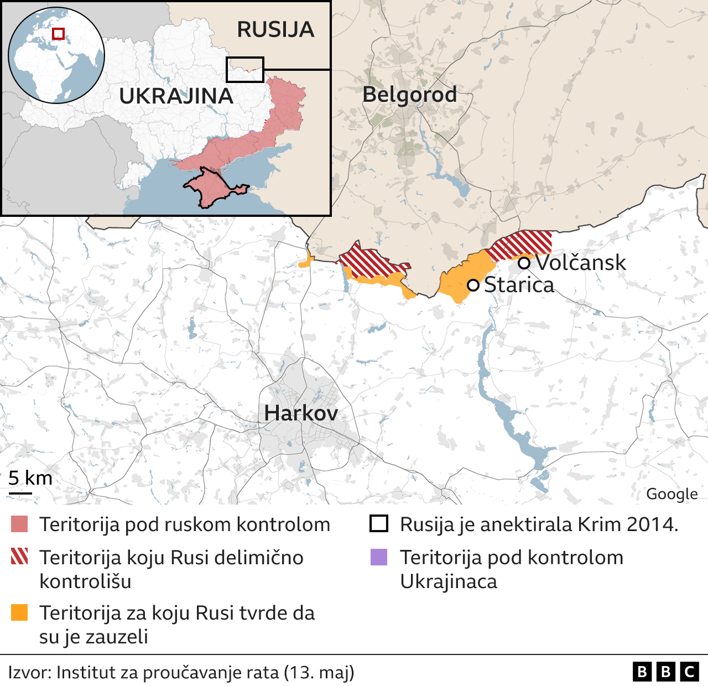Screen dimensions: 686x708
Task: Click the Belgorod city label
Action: click(409, 95)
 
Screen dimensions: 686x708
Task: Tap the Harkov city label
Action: click(301, 413)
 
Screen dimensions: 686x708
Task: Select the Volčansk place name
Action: click(581, 263)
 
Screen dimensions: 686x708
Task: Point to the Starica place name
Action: click(519, 285)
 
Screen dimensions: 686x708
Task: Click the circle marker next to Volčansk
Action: click(524, 263)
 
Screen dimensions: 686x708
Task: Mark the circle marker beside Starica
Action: click(473, 285)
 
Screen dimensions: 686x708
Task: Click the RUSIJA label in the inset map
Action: click(275, 29)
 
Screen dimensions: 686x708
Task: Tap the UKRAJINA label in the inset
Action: click(176, 96)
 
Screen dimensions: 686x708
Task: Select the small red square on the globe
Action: click(58, 34)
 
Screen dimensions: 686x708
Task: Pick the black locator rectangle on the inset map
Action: click(245, 70)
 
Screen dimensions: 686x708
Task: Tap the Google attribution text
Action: click(671, 494)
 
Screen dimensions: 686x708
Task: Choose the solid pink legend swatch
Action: click(19, 524)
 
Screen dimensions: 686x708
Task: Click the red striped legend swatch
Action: click(19, 557)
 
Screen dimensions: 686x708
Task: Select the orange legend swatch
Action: click(19, 612)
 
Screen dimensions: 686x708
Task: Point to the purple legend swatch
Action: click(379, 557)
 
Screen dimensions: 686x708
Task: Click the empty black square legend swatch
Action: click(379, 523)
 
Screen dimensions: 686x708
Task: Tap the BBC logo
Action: click(665, 672)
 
